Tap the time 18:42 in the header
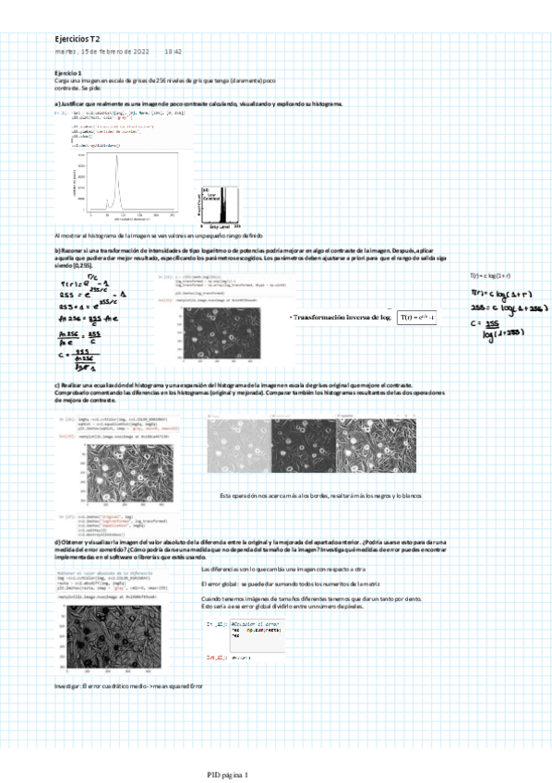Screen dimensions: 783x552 (174, 52)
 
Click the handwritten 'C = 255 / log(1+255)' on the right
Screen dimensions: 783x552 (499, 327)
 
